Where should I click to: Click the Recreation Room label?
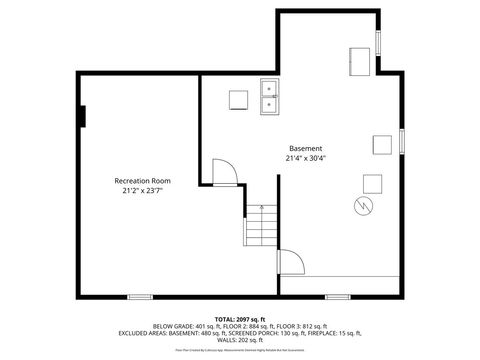(142, 181)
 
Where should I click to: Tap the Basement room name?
(306, 148)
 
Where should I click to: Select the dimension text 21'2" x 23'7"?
(142, 190)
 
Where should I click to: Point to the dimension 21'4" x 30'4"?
(306, 158)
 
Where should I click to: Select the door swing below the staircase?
(291, 263)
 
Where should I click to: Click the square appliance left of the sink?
(238, 99)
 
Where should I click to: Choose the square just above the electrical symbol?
(372, 183)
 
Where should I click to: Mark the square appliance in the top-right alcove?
(360, 59)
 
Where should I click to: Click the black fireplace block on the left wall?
(83, 116)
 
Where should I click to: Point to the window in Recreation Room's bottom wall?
(140, 296)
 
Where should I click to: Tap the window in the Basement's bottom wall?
(338, 296)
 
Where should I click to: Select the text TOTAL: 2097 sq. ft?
(239, 319)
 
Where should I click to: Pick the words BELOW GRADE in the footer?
(172, 326)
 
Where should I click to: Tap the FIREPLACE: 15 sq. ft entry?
(330, 332)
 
